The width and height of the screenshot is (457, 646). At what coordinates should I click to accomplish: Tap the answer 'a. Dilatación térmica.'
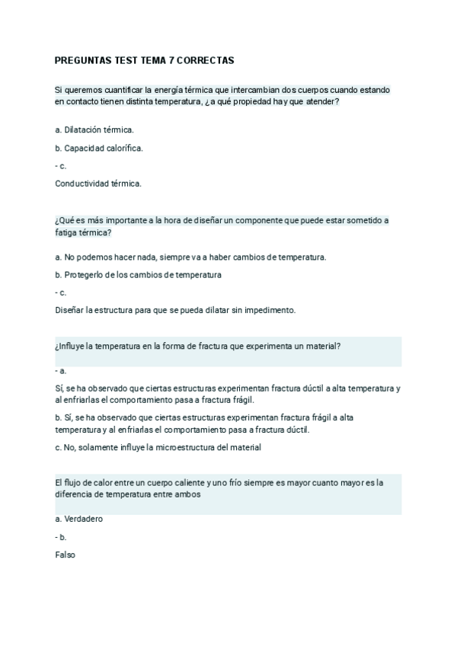[94, 130]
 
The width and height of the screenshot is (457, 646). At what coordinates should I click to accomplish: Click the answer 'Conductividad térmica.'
[98, 183]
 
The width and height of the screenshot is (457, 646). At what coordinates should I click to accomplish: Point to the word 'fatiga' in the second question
[68, 232]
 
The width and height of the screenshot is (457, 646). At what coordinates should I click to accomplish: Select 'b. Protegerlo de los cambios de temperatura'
[139, 274]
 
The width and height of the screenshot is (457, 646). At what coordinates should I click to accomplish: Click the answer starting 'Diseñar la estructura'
[175, 310]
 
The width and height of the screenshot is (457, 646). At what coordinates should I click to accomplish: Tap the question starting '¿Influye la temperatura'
[197, 346]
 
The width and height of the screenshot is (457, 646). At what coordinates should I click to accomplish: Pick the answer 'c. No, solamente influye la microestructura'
[158, 447]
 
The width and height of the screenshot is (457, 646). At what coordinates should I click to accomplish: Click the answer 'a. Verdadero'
[79, 519]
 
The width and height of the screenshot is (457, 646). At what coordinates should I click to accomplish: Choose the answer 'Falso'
[66, 555]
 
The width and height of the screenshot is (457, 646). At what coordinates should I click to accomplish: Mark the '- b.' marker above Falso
[62, 537]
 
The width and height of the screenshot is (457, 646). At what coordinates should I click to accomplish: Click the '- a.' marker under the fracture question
[62, 370]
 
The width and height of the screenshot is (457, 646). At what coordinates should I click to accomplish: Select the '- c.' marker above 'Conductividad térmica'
[62, 165]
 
